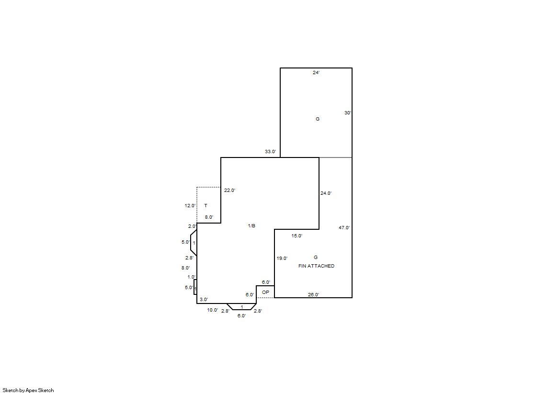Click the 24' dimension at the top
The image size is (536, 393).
pos(316,72)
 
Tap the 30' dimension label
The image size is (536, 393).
pos(348,113)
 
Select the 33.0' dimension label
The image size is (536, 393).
pos(270,151)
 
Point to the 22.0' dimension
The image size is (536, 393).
pos(230,191)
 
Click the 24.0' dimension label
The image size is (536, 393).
pos(326,193)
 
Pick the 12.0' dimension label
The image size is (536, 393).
pos(191,205)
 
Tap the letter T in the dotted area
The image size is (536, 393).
pos(206,205)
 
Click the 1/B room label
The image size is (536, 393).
pos(251,225)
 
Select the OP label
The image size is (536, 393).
pos(266,292)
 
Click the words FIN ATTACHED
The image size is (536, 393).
pos(316,266)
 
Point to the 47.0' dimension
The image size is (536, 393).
pos(344,227)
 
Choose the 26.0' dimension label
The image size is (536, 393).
pos(313,294)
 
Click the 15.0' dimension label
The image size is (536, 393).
pos(297,236)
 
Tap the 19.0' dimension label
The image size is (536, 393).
pos(282,258)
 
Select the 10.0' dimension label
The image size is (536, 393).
pos(213,310)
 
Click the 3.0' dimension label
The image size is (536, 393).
pos(204,299)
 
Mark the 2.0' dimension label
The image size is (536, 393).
pos(192,226)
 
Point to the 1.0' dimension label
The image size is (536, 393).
pos(192,277)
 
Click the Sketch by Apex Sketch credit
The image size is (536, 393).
pos(28,390)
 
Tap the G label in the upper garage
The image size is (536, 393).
pos(318,119)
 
